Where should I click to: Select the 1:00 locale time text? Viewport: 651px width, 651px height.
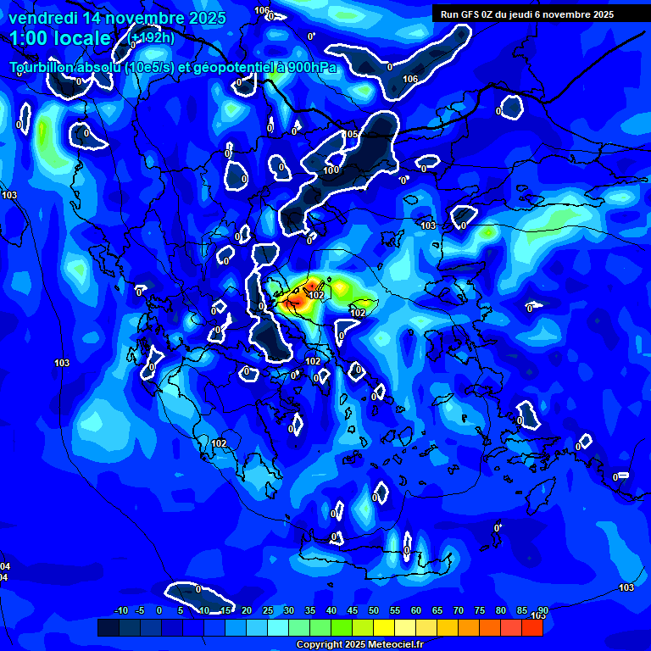pos(60,39)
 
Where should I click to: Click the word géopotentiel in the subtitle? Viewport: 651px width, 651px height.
pos(223,68)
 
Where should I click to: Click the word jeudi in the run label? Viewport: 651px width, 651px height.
pos(534,14)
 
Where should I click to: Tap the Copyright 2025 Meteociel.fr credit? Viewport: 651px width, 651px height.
pos(359,645)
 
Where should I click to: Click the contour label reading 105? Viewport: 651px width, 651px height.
pos(351,134)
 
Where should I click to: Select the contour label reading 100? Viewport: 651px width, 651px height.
pos(331,170)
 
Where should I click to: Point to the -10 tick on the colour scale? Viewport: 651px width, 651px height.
pos(120,610)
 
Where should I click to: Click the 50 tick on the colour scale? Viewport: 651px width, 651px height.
pos(374,610)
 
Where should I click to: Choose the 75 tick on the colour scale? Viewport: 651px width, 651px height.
pos(480,610)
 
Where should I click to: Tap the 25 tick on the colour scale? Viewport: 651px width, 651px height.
pos(268,610)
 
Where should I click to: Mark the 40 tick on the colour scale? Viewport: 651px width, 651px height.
pos(331,610)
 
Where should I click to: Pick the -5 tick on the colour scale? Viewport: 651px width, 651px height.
pos(140,610)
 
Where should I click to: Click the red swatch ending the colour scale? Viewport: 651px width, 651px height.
pos(531,627)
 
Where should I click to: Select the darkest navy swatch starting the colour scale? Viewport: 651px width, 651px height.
pos(108,627)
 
